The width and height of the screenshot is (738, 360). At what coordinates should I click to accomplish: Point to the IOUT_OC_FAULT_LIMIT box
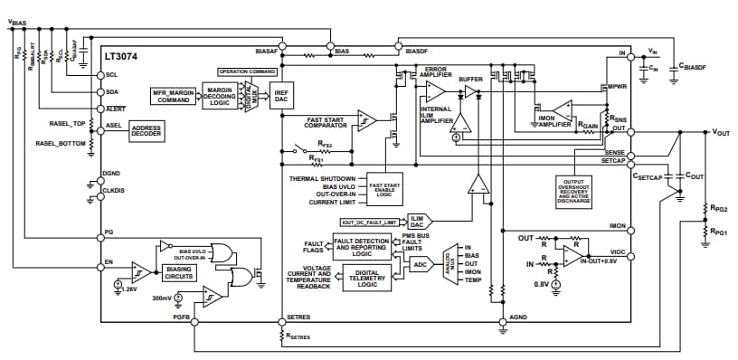pyautogui.click(x=369, y=222)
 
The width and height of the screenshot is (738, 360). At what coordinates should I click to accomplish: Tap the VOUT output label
pyautogui.click(x=720, y=132)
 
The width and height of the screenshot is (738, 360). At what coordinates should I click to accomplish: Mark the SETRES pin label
pyautogui.click(x=298, y=317)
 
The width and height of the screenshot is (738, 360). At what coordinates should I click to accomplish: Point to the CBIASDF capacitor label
pyautogui.click(x=697, y=66)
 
